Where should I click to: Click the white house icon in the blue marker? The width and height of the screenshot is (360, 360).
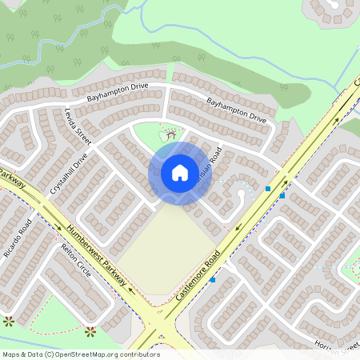(180, 173)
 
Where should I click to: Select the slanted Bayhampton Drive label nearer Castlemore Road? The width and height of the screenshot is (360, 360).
(236, 110)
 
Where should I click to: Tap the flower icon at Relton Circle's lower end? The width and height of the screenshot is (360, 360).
(90, 330)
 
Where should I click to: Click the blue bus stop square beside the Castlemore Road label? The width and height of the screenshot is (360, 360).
(213, 280)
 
